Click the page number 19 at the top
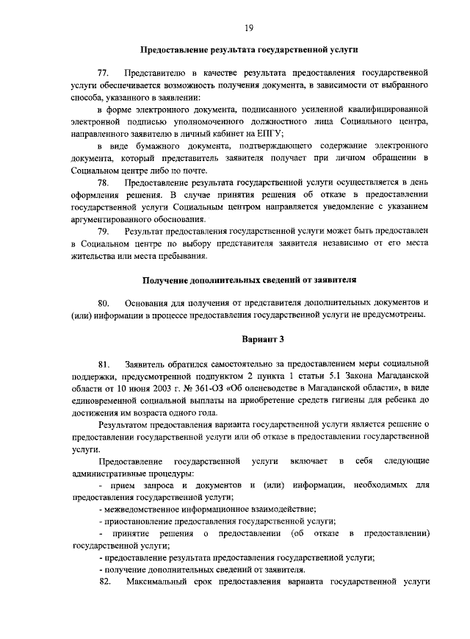point(249,26)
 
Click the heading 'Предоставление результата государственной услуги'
point(249,51)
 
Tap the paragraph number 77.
point(104,74)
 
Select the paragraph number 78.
point(104,182)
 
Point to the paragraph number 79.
point(104,232)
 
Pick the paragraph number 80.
point(104,303)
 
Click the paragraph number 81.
point(104,364)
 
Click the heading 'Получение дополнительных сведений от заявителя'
point(249,279)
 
